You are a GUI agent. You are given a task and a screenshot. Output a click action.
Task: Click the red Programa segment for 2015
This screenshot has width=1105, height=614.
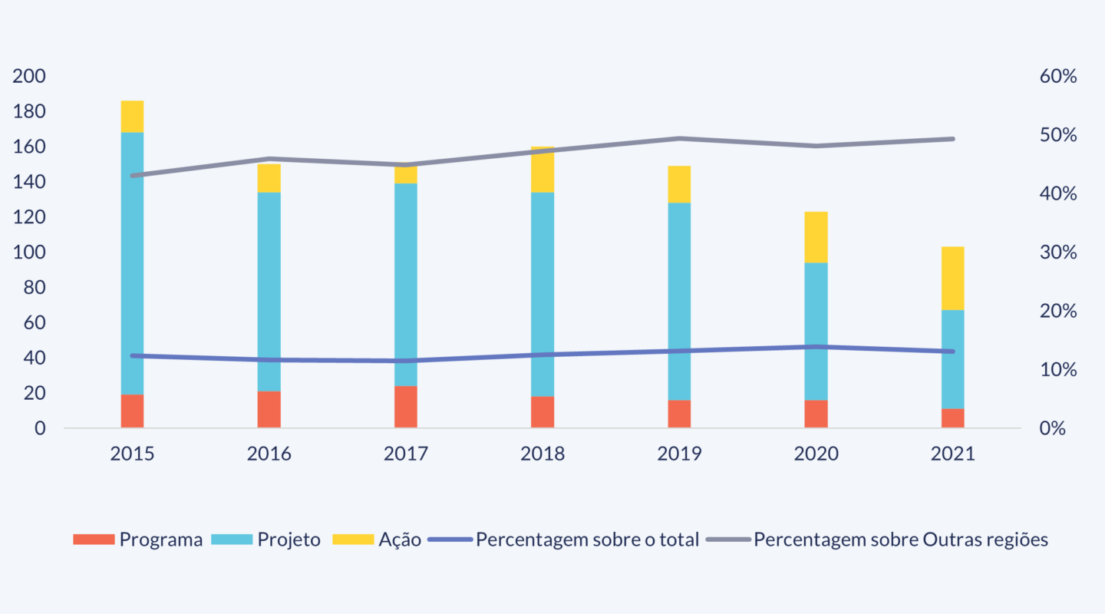pyautogui.click(x=132, y=411)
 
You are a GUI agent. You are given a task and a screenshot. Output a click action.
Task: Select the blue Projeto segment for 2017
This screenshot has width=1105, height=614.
pyautogui.click(x=406, y=285)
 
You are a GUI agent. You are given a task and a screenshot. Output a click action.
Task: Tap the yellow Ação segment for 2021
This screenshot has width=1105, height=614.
pyautogui.click(x=953, y=278)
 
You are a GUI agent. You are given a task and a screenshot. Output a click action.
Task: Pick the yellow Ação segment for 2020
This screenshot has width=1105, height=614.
pyautogui.click(x=816, y=237)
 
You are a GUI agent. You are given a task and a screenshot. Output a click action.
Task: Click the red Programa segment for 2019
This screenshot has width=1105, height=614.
pyautogui.click(x=679, y=414)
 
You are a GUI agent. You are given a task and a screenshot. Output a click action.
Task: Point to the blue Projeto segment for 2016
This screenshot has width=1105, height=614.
pyautogui.click(x=269, y=292)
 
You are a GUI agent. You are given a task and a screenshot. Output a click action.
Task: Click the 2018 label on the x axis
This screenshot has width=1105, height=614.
pyautogui.click(x=543, y=454)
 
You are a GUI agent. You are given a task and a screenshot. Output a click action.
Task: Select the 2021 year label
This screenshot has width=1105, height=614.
pyautogui.click(x=953, y=454)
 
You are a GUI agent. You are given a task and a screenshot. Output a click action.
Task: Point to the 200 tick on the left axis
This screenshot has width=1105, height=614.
pyautogui.click(x=29, y=77)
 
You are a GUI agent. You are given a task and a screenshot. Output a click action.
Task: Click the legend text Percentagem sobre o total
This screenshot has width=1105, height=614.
pyautogui.click(x=587, y=540)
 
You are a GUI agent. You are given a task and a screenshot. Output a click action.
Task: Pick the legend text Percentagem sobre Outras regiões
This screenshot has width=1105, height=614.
pyautogui.click(x=900, y=540)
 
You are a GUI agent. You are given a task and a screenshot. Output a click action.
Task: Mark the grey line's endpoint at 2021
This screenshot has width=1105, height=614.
pyautogui.click(x=953, y=139)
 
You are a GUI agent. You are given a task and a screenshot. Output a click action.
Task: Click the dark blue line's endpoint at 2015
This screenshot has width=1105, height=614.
pyautogui.click(x=132, y=355)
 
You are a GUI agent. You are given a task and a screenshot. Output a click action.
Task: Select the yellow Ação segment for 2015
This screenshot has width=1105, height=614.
pyautogui.click(x=132, y=117)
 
